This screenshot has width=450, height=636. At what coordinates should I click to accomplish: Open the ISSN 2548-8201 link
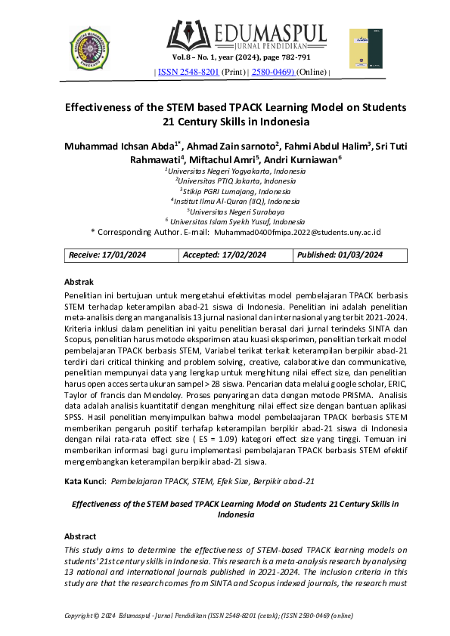point(188,72)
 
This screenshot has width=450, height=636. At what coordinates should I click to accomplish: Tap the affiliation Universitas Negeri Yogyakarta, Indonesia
point(235,171)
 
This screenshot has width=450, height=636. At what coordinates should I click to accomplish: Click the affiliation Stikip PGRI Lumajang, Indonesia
point(235,191)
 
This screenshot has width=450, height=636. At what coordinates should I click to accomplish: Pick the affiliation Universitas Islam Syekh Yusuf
point(235,221)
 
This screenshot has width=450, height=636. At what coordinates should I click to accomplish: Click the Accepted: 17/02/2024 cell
point(225,255)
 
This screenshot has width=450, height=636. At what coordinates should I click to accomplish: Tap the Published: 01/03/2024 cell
point(340,255)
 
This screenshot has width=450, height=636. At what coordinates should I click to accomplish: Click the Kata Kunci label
point(85,480)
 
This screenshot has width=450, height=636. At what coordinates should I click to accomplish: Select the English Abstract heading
point(83,535)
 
